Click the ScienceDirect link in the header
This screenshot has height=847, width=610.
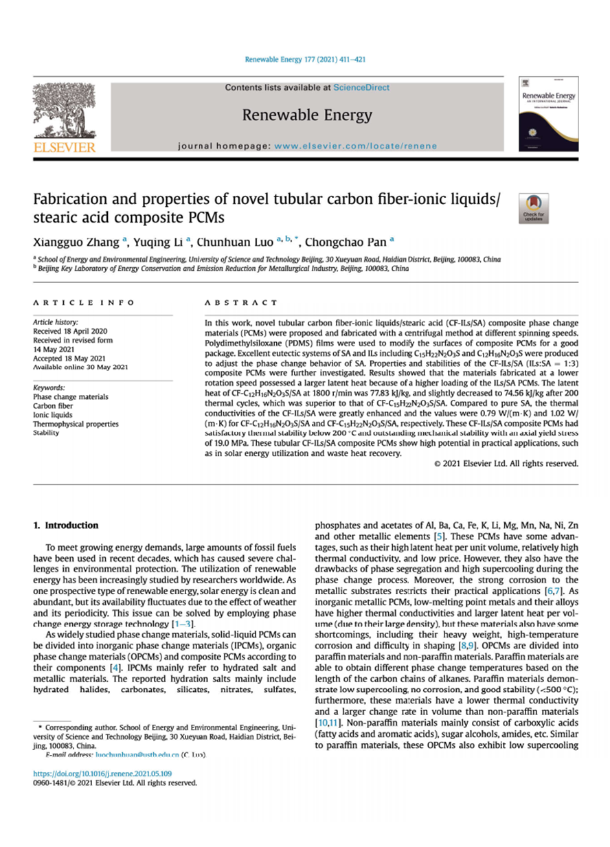pyautogui.click(x=361, y=87)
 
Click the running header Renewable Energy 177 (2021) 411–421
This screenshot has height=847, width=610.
pyautogui.click(x=304, y=60)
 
